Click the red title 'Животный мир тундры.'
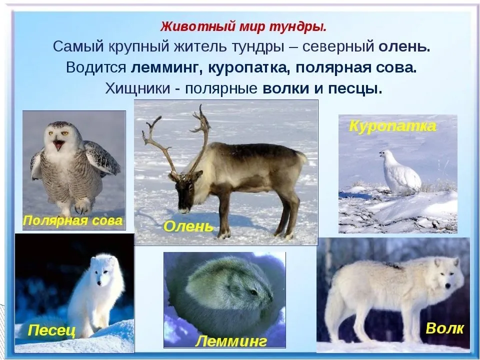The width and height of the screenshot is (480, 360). (243, 27)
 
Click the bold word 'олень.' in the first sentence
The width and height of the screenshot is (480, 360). (404, 47)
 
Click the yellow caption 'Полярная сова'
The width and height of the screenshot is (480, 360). (73, 220)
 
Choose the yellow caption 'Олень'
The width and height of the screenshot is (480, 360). (188, 226)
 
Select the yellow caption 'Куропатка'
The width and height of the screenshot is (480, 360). (393, 126)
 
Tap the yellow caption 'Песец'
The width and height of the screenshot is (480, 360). (51, 330)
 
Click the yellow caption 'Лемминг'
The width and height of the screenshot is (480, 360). (231, 341)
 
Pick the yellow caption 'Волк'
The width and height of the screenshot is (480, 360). (444, 328)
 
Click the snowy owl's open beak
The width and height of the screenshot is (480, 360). (58, 145)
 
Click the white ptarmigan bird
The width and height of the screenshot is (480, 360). (400, 172)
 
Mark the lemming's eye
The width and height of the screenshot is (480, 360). (254, 292)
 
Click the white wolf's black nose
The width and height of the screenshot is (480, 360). (448, 286)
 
